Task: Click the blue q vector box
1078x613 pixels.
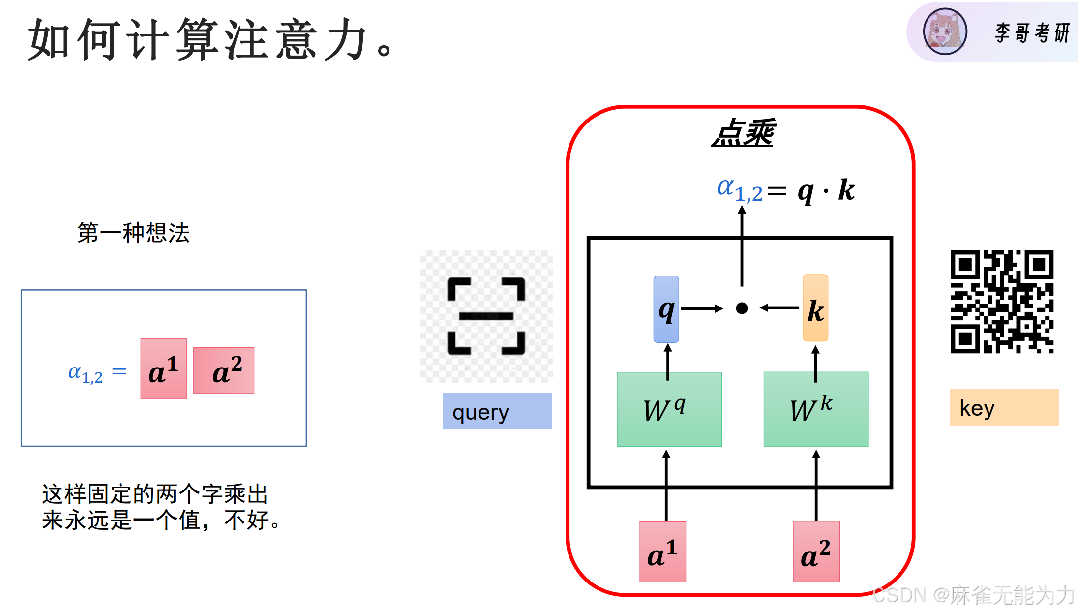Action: click(x=666, y=309)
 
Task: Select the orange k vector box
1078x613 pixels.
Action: click(x=815, y=308)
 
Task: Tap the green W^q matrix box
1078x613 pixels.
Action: click(x=669, y=409)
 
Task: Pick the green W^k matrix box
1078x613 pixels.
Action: click(x=816, y=409)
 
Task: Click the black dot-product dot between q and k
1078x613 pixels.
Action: click(x=742, y=308)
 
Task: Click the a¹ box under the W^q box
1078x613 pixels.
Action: click(x=662, y=552)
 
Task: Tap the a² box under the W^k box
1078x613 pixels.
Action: click(x=816, y=552)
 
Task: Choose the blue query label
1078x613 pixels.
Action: click(x=497, y=411)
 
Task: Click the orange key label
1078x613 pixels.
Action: click(x=1004, y=407)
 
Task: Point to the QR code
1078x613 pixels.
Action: click(x=1002, y=302)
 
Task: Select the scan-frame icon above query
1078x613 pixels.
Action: click(x=486, y=316)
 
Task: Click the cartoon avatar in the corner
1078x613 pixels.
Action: click(x=945, y=31)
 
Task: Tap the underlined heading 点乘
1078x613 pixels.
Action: click(x=743, y=133)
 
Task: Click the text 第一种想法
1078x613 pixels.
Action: click(x=133, y=233)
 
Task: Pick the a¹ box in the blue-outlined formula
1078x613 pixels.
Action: click(x=164, y=369)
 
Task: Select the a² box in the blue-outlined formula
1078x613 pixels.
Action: click(x=224, y=370)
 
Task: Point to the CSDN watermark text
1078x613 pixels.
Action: click(x=973, y=595)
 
